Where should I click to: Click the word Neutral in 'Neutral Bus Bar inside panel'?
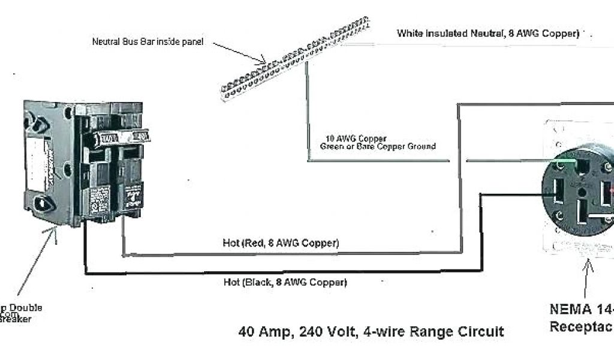[x=106, y=42]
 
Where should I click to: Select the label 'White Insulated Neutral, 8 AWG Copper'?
[x=487, y=34]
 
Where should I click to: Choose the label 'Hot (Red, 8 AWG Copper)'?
[x=281, y=243]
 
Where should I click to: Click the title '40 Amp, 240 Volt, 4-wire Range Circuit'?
[x=371, y=331]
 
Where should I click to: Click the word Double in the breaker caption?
[x=25, y=308]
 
